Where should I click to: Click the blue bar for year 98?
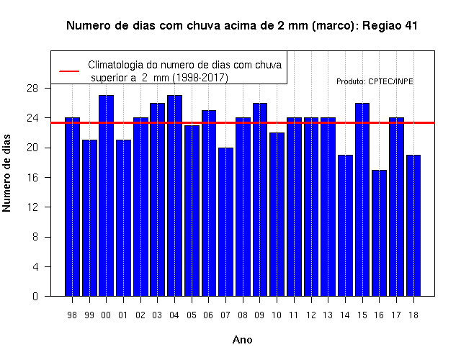[x=72, y=207]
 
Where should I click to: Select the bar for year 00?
[x=107, y=196]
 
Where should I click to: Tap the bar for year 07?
[x=225, y=222]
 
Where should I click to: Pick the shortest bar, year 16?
[x=380, y=233]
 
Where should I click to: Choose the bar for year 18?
[x=413, y=225]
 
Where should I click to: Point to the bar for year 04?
[x=174, y=196]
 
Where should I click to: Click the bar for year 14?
[x=345, y=225]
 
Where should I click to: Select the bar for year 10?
[x=277, y=215]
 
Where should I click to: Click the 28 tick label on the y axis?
[x=32, y=88]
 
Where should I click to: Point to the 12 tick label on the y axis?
[x=32, y=207]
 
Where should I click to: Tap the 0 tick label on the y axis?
[x=35, y=296]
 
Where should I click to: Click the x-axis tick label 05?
[x=192, y=315]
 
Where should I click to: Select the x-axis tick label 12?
[x=311, y=315]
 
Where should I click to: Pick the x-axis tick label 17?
[x=396, y=315]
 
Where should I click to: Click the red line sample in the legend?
[x=69, y=71]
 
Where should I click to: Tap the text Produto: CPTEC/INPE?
[x=375, y=81]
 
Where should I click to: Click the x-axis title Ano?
[x=243, y=340]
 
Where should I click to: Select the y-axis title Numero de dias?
[x=6, y=173]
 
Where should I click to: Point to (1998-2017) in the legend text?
[x=200, y=78]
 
